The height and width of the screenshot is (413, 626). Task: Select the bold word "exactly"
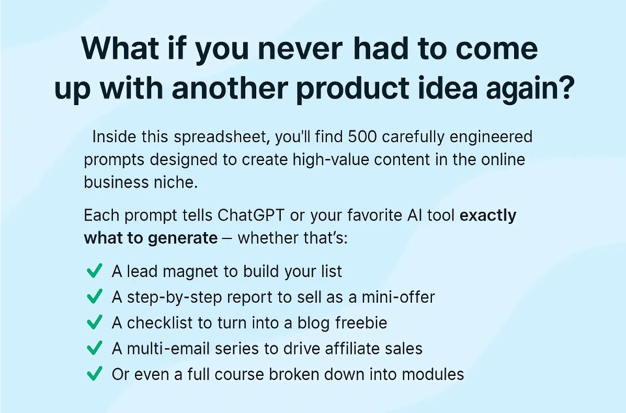click(487, 215)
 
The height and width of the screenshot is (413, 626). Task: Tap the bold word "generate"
click(183, 238)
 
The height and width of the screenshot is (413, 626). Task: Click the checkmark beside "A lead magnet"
click(94, 271)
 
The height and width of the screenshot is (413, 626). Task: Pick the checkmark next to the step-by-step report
click(94, 297)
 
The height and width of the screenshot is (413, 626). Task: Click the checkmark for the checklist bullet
click(94, 323)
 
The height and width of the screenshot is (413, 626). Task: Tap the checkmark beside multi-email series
click(94, 348)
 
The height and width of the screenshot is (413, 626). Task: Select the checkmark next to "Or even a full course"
click(94, 374)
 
